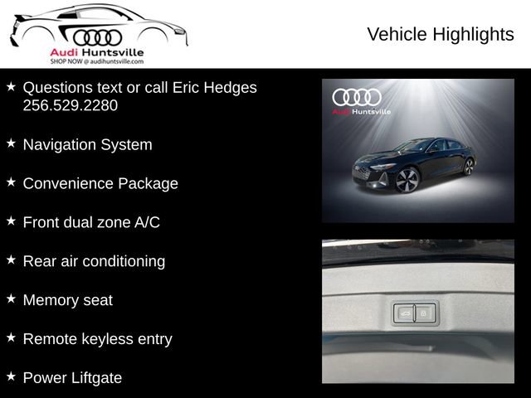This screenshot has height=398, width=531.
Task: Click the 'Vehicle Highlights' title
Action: point(440,34)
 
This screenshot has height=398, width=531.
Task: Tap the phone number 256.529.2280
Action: point(71,105)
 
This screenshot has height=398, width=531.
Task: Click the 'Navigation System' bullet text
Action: point(87,144)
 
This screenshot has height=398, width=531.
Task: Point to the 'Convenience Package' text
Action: point(100,183)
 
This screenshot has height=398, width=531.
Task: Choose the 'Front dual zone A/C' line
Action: point(91,222)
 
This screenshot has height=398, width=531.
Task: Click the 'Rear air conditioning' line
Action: point(94,261)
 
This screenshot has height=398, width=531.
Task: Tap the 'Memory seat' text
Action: point(67,300)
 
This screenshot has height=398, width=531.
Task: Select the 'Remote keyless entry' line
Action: point(97,339)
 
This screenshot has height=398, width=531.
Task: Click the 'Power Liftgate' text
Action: point(72,378)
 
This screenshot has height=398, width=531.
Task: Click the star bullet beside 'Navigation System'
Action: point(11,143)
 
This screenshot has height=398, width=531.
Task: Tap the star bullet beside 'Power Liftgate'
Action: point(11,376)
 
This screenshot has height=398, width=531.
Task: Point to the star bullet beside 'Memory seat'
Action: point(11,298)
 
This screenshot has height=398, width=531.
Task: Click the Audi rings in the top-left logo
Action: point(97,36)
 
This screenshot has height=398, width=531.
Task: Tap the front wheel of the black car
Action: point(407,180)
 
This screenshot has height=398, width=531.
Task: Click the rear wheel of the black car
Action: point(468,166)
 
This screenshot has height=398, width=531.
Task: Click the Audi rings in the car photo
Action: point(357,97)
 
